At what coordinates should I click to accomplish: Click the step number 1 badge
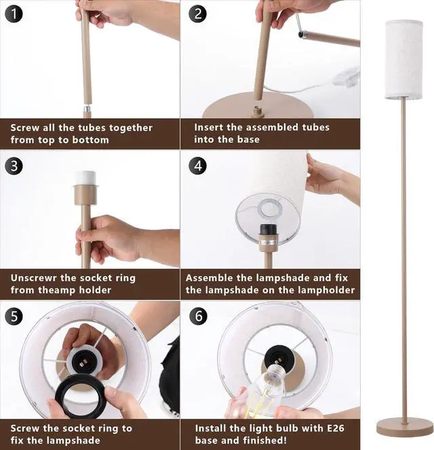[14, 14]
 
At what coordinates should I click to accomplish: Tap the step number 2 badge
[197, 14]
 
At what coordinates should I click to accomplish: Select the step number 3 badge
[14, 166]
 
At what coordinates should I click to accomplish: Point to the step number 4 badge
[197, 166]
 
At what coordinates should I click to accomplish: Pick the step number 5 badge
[14, 316]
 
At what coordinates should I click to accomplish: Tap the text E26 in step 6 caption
[336, 428]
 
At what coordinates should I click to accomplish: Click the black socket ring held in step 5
[81, 396]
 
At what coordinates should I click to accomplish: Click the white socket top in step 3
[85, 178]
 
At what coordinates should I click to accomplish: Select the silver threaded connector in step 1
[87, 109]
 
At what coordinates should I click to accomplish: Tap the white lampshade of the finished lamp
[403, 60]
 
